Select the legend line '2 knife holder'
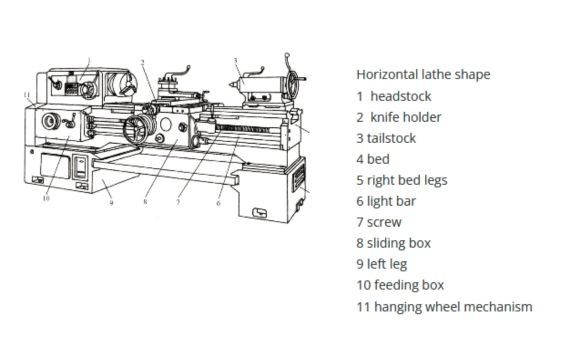point(398,117)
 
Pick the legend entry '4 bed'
point(373,159)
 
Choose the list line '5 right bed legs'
point(401,180)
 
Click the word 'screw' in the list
point(384,222)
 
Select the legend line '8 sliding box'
point(394,243)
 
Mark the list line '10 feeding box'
point(399,285)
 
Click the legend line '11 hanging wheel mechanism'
point(444,306)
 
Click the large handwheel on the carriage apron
point(141,133)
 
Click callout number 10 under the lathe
point(45,197)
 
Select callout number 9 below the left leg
point(111,202)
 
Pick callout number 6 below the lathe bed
point(218,202)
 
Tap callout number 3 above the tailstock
point(236,61)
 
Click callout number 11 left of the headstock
point(26,95)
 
